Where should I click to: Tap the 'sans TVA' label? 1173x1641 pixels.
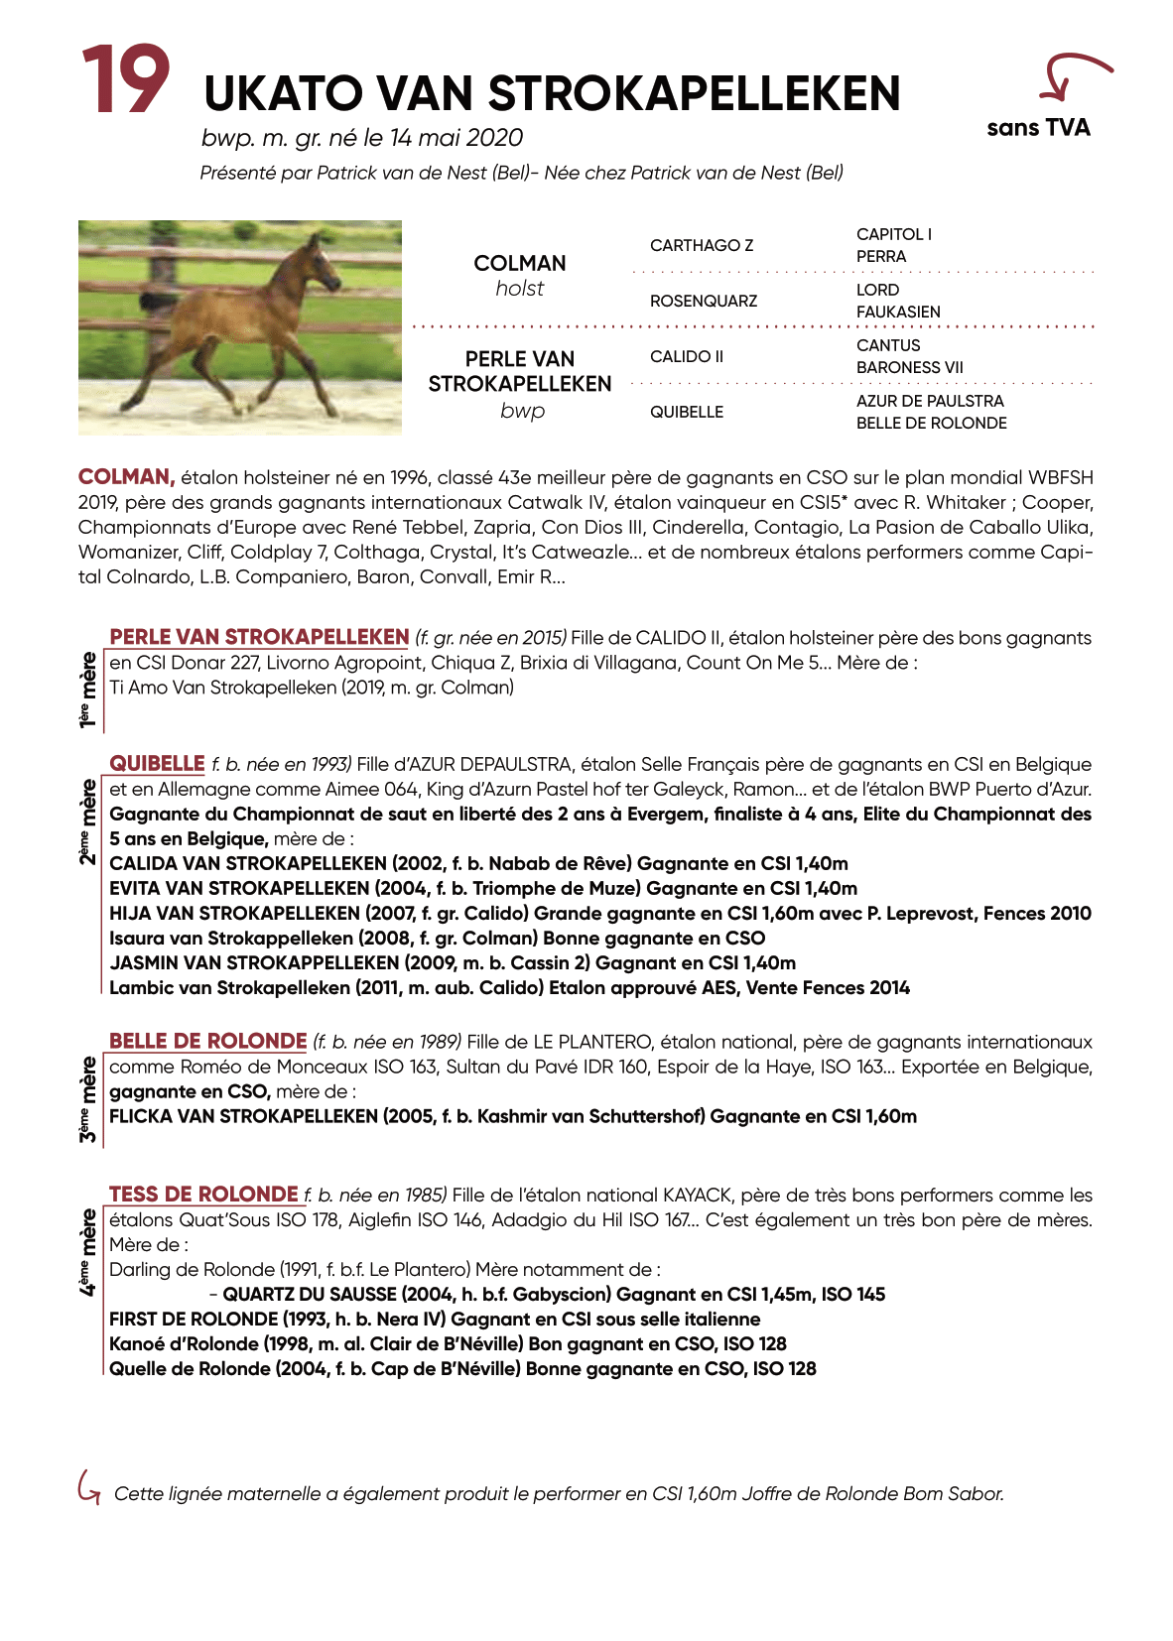click(1038, 128)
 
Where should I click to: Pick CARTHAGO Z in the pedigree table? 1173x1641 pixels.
click(702, 245)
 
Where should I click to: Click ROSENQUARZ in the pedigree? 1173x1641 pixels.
click(704, 301)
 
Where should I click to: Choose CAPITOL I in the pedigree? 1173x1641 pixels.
click(894, 234)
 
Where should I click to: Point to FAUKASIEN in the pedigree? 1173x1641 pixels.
click(898, 312)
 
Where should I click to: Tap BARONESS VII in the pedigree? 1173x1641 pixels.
click(909, 367)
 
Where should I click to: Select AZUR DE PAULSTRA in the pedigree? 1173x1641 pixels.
click(930, 401)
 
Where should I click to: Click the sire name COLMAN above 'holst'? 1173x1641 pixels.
click(520, 263)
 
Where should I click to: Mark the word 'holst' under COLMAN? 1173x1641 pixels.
click(520, 289)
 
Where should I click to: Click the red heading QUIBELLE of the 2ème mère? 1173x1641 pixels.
click(157, 764)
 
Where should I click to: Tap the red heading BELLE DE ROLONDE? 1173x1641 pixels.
click(207, 1042)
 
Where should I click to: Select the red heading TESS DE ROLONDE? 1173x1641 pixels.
click(203, 1195)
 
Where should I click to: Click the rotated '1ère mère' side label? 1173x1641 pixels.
click(88, 690)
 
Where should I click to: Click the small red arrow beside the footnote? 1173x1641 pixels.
click(88, 1487)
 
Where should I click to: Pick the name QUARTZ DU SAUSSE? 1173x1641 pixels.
click(312, 1294)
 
